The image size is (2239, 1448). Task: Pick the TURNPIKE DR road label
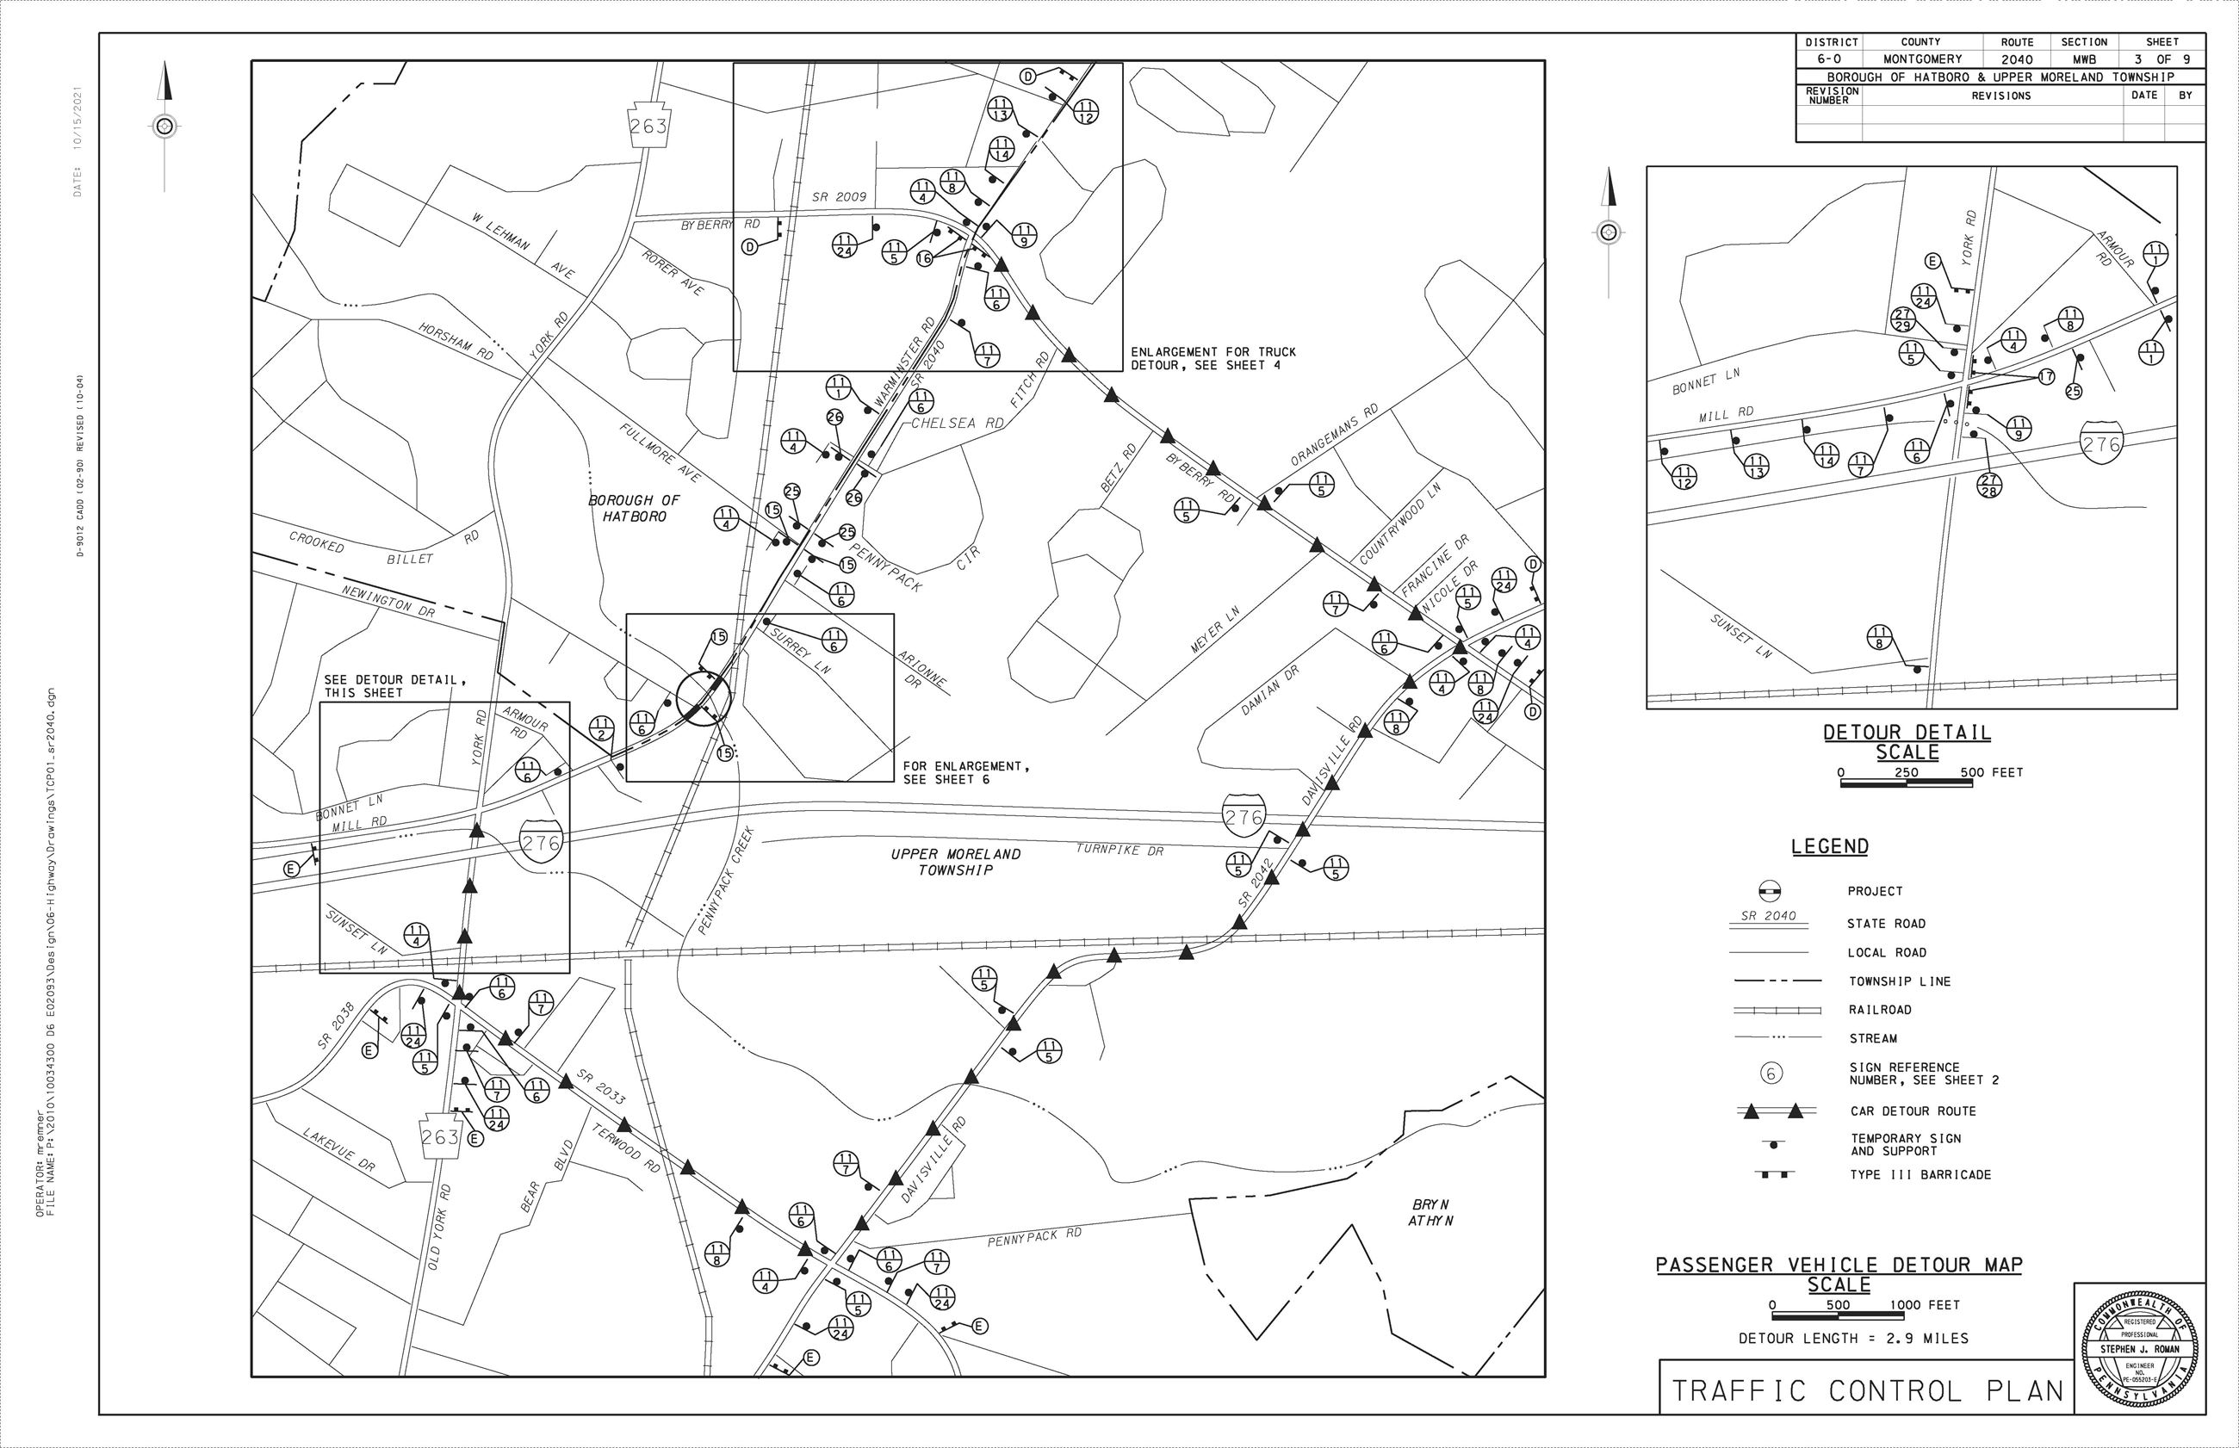click(x=1119, y=850)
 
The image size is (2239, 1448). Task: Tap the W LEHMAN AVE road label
click(x=523, y=245)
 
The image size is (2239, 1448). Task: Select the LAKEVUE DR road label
click(x=338, y=1149)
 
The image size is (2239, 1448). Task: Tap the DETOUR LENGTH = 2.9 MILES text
click(x=1852, y=1338)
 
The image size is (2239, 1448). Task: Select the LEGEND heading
click(x=1829, y=846)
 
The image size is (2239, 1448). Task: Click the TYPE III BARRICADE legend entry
click(x=1920, y=1174)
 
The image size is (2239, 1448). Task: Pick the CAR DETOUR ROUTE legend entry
click(x=1913, y=1111)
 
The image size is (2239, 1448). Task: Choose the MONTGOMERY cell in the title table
click(x=1920, y=59)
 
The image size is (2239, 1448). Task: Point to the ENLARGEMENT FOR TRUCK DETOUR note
click(x=1213, y=358)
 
